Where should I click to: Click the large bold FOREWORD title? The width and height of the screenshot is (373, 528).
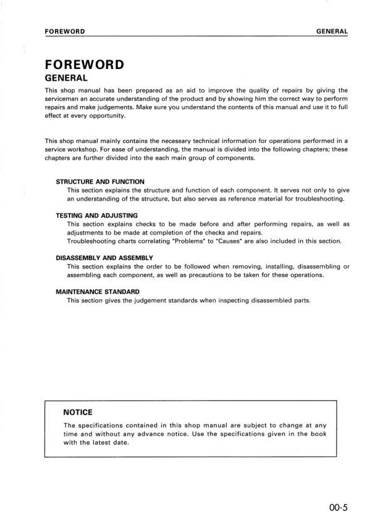pos(84,65)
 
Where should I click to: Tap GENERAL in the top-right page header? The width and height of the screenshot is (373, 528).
pos(332,31)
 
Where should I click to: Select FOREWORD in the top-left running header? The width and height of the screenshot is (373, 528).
pos(65,31)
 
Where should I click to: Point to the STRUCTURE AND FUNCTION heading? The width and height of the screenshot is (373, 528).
pos(100,181)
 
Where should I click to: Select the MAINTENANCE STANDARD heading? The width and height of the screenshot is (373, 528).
pos(97,292)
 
